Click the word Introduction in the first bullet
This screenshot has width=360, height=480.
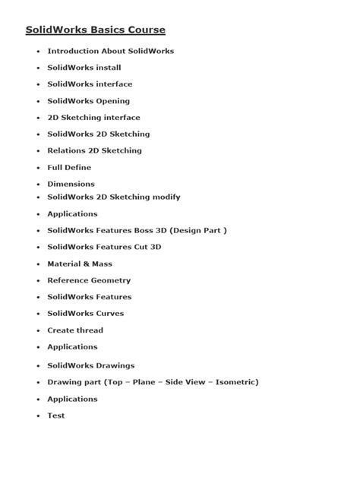pos(74,51)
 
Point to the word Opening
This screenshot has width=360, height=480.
pos(111,101)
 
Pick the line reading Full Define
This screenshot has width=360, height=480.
pos(69,167)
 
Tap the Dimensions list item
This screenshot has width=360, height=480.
pos(71,184)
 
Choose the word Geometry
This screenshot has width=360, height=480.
pos(111,280)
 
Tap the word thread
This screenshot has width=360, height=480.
pos(90,330)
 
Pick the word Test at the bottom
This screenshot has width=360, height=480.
pos(56,415)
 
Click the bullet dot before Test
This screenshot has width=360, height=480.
pos(38,416)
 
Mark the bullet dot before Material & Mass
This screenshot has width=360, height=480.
pos(38,264)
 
